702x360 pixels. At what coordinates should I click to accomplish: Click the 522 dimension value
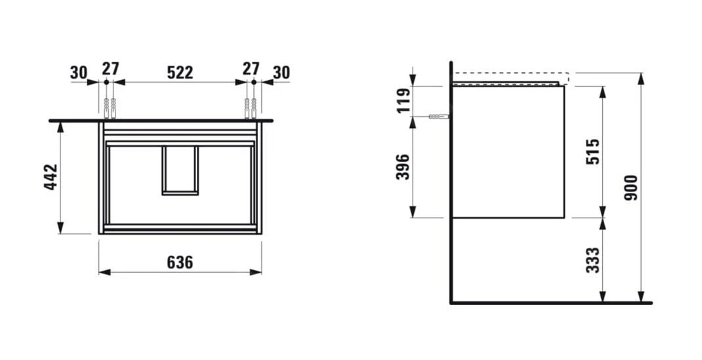(180, 72)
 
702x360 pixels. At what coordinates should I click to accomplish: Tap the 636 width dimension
(179, 262)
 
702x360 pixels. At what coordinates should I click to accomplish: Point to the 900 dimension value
(632, 188)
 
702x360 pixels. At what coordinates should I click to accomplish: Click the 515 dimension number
(592, 151)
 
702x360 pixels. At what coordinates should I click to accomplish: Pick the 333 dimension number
(592, 260)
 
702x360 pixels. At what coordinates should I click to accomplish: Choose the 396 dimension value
(404, 167)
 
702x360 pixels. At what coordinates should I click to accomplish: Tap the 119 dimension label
(404, 101)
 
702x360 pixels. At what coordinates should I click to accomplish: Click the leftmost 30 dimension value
(79, 72)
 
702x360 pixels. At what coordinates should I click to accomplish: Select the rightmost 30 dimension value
(281, 72)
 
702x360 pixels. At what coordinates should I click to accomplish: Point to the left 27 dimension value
(110, 69)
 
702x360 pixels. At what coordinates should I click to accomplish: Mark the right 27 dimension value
(251, 69)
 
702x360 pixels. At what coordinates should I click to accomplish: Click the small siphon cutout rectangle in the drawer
(180, 170)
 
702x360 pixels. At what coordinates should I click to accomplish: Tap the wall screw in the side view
(438, 117)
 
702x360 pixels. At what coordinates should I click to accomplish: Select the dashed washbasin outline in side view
(511, 77)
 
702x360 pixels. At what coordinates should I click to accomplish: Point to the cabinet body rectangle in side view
(508, 151)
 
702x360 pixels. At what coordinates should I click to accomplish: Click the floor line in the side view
(551, 303)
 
